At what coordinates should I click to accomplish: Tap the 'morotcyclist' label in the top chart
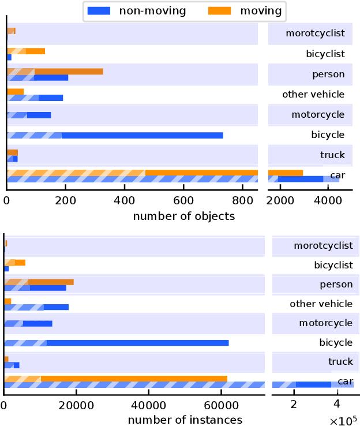tap(315, 33)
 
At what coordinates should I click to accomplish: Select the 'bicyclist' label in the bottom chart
tap(333, 266)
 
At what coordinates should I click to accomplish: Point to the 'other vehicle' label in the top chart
tap(313, 95)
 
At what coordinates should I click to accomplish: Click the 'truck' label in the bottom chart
tap(340, 362)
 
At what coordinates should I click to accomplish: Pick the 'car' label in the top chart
tap(337, 175)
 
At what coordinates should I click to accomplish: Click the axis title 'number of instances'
tap(185, 420)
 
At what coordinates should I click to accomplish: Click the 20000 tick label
tap(76, 405)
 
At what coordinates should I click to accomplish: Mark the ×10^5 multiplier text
tap(344, 421)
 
